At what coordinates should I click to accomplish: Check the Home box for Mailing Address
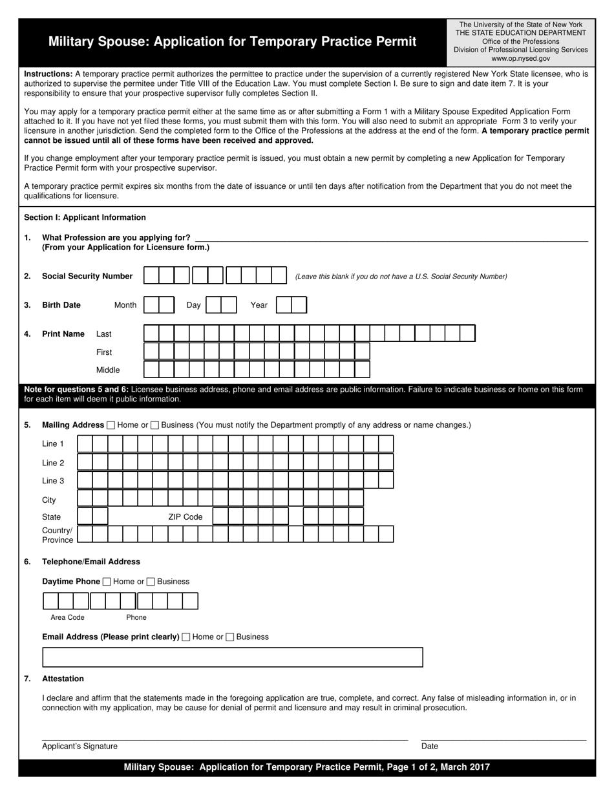click(111, 425)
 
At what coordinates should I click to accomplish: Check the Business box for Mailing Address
click(154, 425)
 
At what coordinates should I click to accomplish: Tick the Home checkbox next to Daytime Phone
click(107, 582)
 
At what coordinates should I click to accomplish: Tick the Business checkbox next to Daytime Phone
click(151, 582)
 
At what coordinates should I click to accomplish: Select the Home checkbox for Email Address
click(186, 637)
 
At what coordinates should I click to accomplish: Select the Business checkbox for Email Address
click(230, 637)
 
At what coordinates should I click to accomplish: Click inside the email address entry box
click(232, 657)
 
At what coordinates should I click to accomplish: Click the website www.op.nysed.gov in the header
click(520, 58)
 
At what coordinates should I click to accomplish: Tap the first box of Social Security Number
click(151, 276)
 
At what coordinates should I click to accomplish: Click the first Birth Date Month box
click(151, 305)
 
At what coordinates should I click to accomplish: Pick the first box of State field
click(85, 516)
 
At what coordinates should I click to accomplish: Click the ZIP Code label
click(185, 517)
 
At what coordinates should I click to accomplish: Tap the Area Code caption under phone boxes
click(67, 617)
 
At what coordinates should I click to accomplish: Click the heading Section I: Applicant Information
click(85, 218)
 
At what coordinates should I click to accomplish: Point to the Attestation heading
click(63, 679)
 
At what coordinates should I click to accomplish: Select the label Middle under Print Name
click(108, 370)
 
